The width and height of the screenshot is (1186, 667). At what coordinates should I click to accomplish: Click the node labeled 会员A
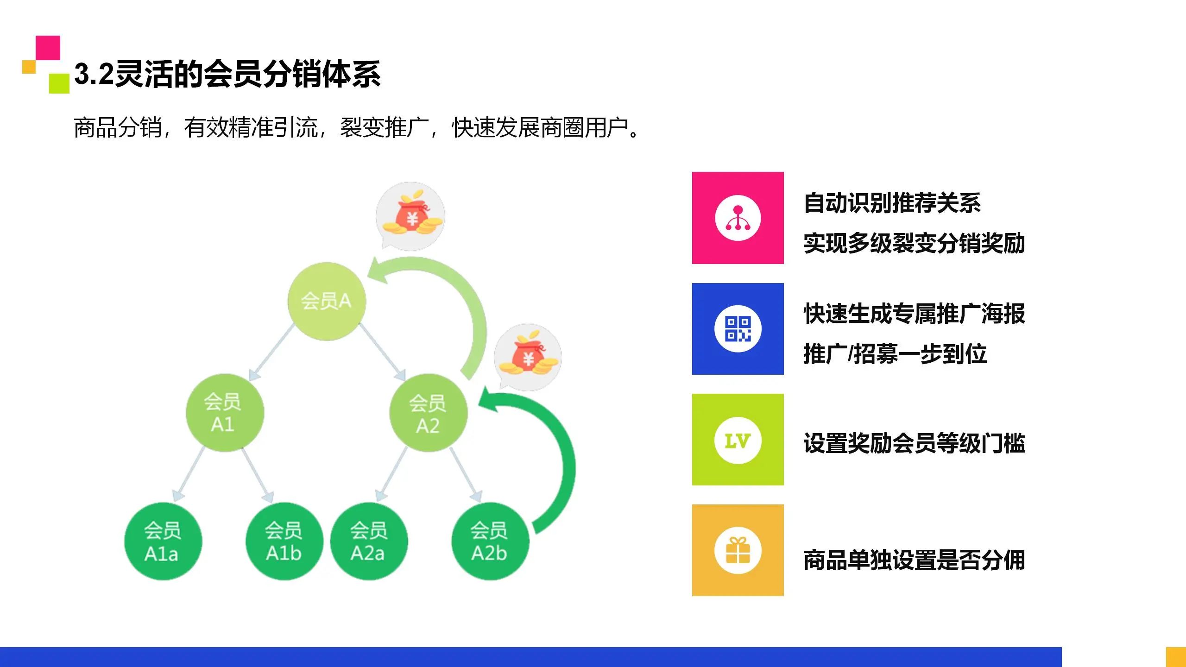pos(326,301)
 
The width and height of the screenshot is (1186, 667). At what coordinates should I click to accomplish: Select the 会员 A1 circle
pos(225,412)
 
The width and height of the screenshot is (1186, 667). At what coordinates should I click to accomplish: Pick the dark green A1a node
pos(163,541)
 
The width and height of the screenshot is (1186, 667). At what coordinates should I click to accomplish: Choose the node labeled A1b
pos(284,541)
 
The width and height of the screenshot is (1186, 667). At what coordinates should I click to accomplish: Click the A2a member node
pos(369,541)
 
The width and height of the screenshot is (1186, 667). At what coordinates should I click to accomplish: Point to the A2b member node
pos(490,541)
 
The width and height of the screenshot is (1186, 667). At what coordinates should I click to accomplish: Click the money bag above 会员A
pos(410,216)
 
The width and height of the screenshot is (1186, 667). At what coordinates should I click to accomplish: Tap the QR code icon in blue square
pos(738,329)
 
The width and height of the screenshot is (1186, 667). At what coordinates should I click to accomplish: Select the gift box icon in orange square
pos(738,550)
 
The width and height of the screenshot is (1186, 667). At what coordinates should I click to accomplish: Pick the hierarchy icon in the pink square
pos(738,218)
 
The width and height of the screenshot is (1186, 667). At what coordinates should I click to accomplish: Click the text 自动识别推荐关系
pos(892,203)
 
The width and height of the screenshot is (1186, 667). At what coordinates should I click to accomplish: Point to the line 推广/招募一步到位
pos(895,354)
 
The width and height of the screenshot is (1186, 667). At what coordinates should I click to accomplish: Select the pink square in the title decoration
pos(48,47)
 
